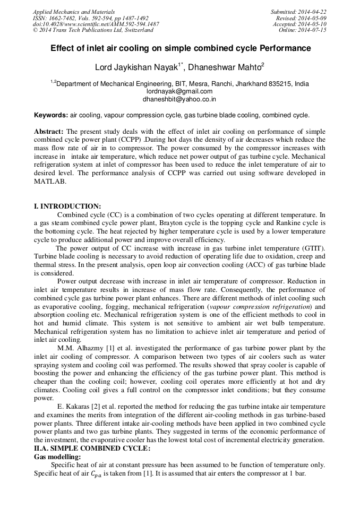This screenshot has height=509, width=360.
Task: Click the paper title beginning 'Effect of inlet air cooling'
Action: pos(181,48)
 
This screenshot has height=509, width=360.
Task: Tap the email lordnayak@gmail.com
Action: pos(179,91)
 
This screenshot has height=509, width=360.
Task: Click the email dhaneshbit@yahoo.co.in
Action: pos(179,99)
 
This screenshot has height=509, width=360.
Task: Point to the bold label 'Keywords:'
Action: pos(51,115)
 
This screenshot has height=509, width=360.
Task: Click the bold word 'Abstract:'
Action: pos(49,131)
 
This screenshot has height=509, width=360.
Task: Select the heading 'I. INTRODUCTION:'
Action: pos(67,206)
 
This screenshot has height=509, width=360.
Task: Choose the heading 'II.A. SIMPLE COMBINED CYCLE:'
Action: pos(92,448)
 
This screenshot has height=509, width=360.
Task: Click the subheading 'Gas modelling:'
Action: pos(57,456)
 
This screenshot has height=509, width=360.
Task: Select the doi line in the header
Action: pos(96,24)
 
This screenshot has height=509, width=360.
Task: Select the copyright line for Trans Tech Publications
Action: pos(93,30)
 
